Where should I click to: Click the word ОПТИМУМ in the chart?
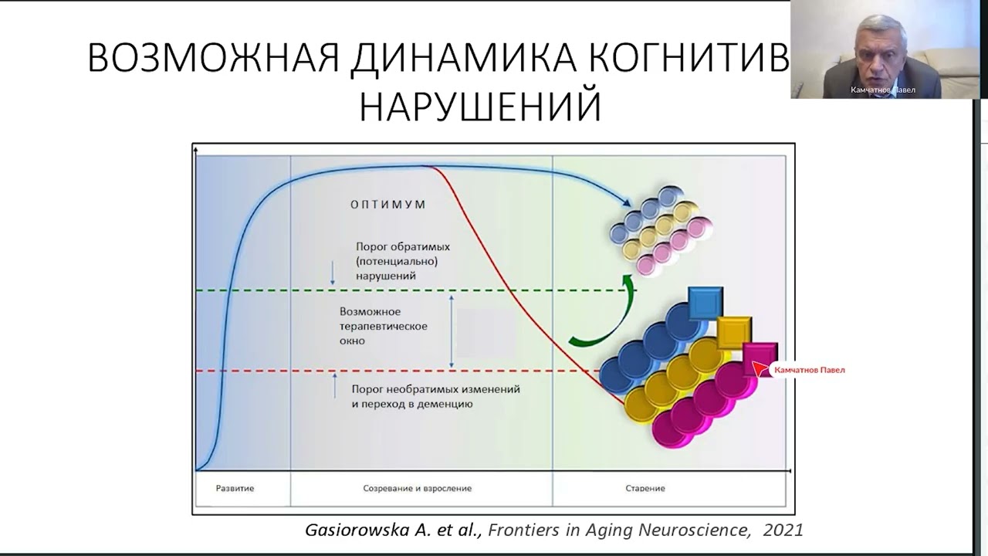tap(388, 205)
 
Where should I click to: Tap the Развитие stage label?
tap(235, 488)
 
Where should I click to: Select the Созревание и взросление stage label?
tap(417, 488)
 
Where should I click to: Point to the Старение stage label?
tap(645, 488)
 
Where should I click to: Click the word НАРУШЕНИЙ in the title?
tap(480, 107)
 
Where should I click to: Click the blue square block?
tap(705, 303)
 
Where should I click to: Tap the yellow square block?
tap(734, 332)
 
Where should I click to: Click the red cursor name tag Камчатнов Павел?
tap(808, 370)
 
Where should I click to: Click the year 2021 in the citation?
tap(783, 530)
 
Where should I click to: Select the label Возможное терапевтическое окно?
tap(383, 326)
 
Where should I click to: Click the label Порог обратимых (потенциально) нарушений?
tap(402, 260)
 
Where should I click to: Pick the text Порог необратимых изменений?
tap(435, 389)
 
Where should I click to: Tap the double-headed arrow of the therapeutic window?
tap(452, 331)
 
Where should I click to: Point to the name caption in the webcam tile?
tap(882, 90)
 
